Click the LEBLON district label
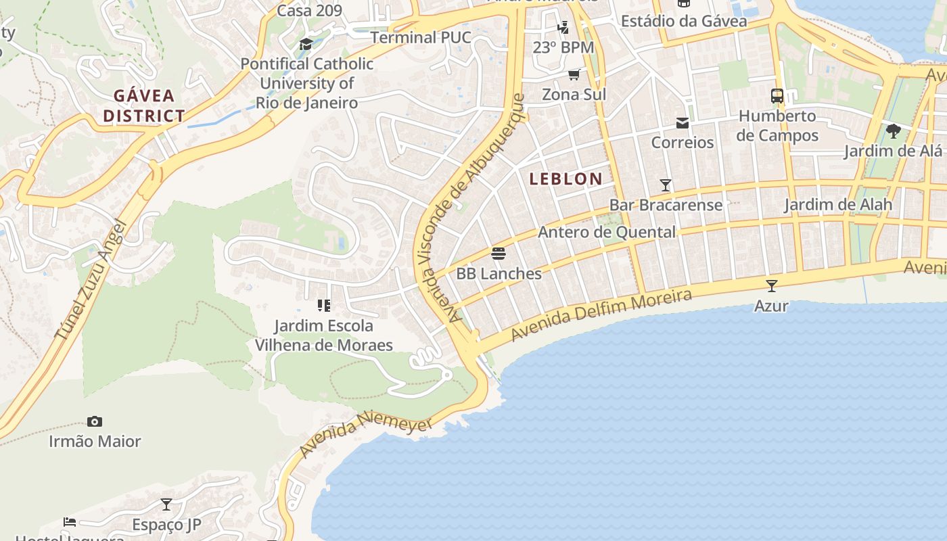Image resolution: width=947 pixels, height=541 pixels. pos(565,179)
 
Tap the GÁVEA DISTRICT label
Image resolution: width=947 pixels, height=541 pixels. pos(143,105)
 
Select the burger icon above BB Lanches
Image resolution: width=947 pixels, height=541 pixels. pos(499,254)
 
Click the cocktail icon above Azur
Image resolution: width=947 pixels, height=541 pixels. pos(771,285)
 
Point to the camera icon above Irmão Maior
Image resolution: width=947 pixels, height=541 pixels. pos(95,421)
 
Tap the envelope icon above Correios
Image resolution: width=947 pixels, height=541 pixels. pos(682,122)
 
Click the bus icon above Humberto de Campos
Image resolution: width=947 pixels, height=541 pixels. pos(777,96)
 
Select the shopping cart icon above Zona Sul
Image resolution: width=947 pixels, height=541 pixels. pos(574,74)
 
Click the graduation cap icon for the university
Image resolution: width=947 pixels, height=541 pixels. pos(306,45)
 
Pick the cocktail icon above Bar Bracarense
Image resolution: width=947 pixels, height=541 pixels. pos(666,185)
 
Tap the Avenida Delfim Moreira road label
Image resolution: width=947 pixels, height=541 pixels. pos(601,315)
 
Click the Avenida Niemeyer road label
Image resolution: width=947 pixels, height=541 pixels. pos(366,436)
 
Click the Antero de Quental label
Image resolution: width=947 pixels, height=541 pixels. pos(607,233)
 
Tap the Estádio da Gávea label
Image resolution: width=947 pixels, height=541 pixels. pos(684,21)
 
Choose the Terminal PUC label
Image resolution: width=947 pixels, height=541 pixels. pos(420,37)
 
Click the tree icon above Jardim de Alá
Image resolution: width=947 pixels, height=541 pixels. pos(893,131)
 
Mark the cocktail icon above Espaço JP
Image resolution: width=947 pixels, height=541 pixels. pos(166,504)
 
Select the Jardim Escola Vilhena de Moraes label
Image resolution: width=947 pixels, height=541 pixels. pos(323,335)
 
